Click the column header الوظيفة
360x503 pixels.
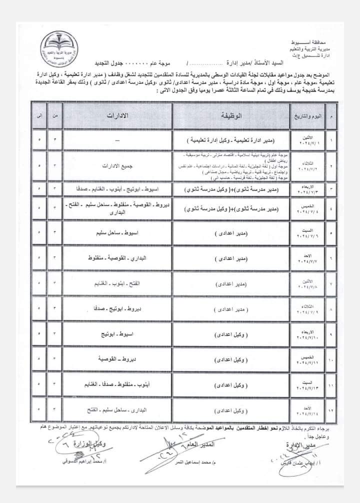232,116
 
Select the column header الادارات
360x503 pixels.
117,116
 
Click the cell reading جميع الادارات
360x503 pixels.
116,165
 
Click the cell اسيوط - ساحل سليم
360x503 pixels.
117,233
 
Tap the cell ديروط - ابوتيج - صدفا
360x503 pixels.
116,309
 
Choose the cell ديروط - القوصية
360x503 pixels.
116,359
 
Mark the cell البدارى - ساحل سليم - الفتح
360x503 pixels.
116,410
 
